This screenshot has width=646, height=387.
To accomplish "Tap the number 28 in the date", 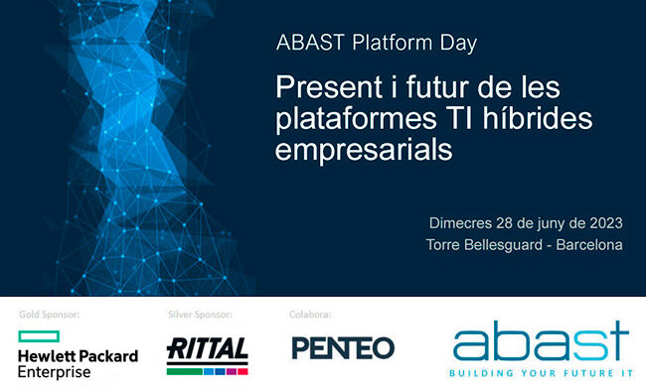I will coord(510,221).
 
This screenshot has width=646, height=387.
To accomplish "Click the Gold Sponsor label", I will coord(49,315).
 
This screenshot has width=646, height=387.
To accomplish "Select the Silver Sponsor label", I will coord(200,315).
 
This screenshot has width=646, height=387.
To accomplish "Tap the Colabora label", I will coord(311,315).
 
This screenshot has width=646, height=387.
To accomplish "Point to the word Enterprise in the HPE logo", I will coord(56,371).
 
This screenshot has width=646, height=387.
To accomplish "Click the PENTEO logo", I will coord(343,348).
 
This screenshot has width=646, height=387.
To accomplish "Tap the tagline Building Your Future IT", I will coord(541,374).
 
